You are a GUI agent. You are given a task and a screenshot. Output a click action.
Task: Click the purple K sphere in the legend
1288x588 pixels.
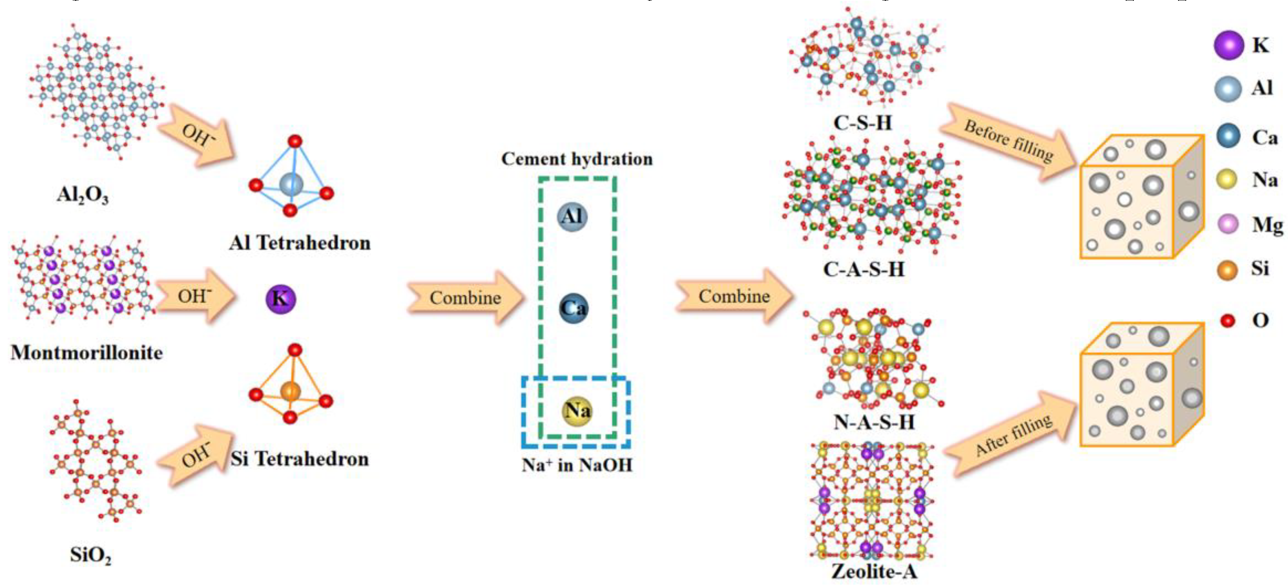tap(1228, 45)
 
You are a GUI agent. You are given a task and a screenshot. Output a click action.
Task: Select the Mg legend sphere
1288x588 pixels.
tap(1228, 224)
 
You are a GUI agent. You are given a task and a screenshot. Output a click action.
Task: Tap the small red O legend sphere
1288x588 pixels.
tap(1227, 320)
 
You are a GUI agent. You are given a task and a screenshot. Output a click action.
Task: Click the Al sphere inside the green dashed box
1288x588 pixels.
tap(572, 216)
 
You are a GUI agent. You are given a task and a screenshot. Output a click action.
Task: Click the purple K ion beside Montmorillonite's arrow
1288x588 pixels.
tap(280, 299)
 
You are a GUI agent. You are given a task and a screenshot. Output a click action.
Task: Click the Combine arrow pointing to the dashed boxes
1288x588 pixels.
tap(465, 298)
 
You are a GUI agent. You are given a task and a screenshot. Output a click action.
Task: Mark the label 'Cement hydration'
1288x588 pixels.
tap(576, 159)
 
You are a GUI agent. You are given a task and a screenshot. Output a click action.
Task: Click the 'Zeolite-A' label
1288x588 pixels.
tap(874, 571)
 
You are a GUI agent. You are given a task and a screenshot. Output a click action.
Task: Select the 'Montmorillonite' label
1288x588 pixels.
tap(86, 353)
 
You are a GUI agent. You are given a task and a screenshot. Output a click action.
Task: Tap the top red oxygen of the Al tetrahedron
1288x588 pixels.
tap(295, 141)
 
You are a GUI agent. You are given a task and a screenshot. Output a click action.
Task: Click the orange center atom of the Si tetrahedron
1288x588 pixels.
tap(290, 391)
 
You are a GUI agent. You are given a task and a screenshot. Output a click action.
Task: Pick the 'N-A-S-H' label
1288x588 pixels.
tap(873, 422)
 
